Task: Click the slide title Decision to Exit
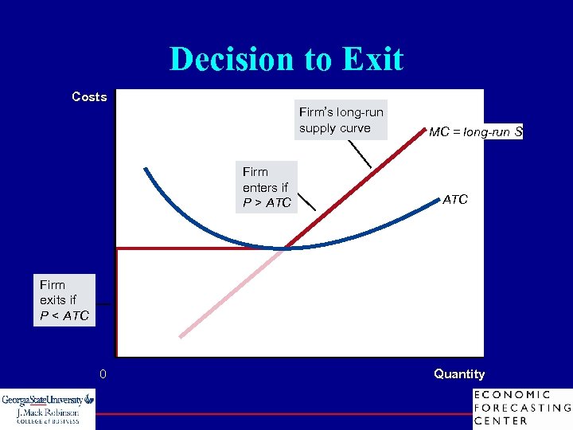[x=286, y=60]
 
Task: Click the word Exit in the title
[x=372, y=60]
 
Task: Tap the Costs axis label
[x=89, y=96]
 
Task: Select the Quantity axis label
[x=459, y=374]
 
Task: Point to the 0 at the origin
[x=103, y=374]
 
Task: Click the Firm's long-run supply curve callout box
[x=341, y=120]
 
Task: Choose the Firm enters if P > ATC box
[x=268, y=187]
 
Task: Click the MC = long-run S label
[x=475, y=132]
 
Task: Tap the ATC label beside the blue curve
[x=455, y=200]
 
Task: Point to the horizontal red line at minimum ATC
[x=191, y=248]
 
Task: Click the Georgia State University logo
[x=48, y=408]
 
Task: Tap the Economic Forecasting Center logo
[x=521, y=408]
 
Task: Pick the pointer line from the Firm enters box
[x=306, y=199]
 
